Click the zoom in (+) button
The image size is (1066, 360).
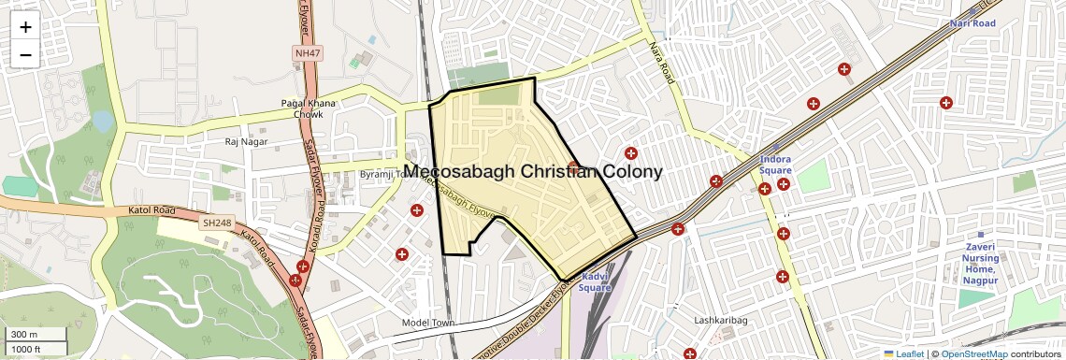pos(25,27)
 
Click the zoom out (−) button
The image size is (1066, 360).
pos(25,54)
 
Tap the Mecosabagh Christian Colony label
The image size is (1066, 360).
pos(534,172)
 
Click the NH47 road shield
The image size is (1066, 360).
pos(307,53)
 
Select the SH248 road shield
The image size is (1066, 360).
pos(216,223)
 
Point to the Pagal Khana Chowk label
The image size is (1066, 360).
pos(302,108)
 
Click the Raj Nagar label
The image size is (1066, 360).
pos(246,142)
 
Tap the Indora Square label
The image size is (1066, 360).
pos(775,165)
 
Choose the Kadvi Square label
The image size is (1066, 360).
pos(596,282)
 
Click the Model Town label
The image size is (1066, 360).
pos(427,323)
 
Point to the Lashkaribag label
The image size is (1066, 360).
pos(721,321)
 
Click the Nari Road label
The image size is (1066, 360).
pos(972,22)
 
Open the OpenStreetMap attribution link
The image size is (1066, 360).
pos(974,353)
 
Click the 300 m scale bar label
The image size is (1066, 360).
pos(25,335)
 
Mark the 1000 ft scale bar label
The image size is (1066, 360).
pos(26,349)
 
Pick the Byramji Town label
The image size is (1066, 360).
pos(382,174)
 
